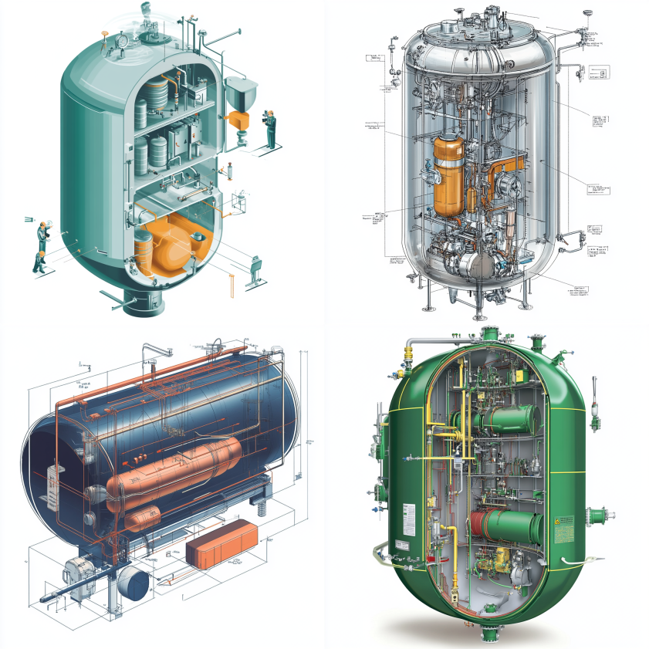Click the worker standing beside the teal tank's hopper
270,127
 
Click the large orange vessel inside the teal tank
174,243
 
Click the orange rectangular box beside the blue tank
222,544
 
